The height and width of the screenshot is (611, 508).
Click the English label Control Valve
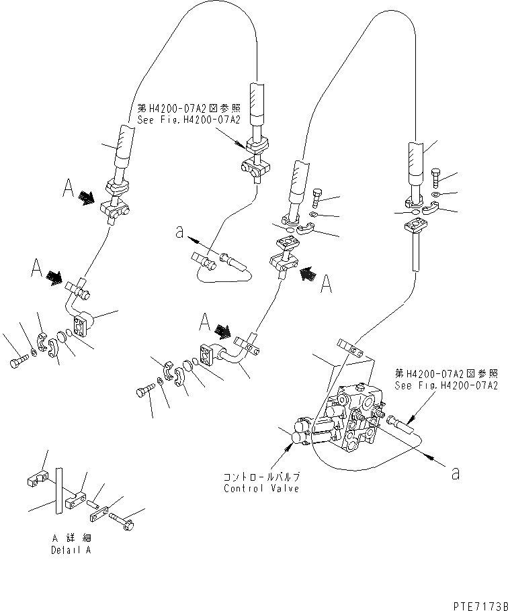pyautogui.click(x=261, y=488)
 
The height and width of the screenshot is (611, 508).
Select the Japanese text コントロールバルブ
pyautogui.click(x=261, y=477)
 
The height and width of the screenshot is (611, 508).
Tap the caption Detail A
pyautogui.click(x=71, y=550)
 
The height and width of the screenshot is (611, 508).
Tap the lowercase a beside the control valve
pyautogui.click(x=456, y=473)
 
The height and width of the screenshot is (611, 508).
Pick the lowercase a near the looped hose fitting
pyautogui.click(x=179, y=232)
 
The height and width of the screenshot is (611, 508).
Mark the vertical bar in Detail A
pyautogui.click(x=58, y=491)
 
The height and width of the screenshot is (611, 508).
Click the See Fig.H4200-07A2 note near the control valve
pyautogui.click(x=446, y=380)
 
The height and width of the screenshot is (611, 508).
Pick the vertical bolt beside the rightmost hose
pyautogui.click(x=436, y=177)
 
